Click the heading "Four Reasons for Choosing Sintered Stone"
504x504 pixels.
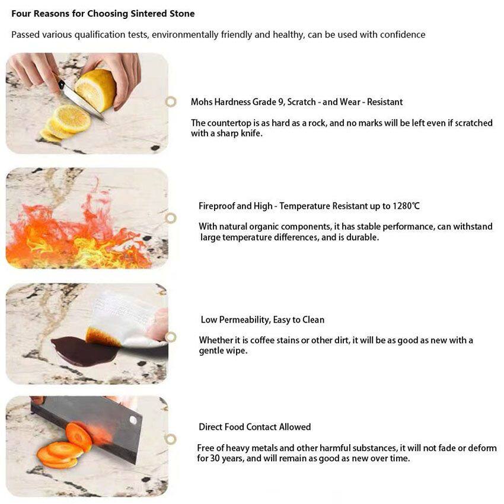(103, 14)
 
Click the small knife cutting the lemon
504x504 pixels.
(81, 100)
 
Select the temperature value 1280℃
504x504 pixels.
(406, 206)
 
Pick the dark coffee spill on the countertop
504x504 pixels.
(84, 351)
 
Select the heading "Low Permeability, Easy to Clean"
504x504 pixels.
(262, 320)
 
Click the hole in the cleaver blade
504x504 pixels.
(133, 419)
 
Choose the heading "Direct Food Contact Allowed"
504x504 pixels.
(254, 427)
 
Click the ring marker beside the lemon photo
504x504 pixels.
(171, 101)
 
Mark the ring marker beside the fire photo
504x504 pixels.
(171, 218)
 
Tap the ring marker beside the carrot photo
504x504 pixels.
(171, 439)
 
